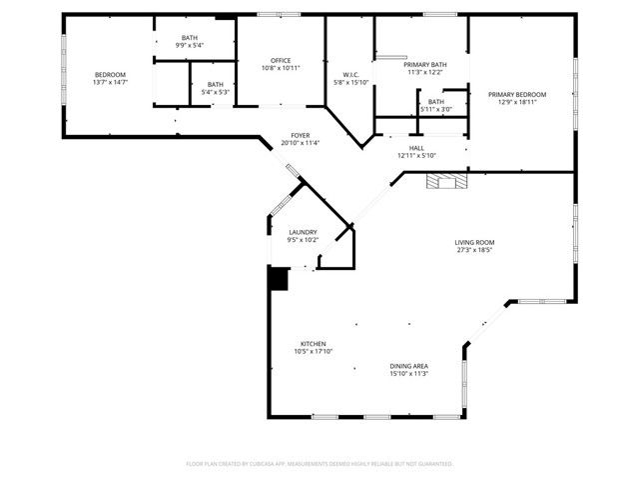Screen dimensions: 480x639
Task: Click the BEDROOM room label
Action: coord(110,75)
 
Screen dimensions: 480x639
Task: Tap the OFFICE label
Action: coord(281,60)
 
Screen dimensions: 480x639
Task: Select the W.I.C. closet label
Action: coord(350,74)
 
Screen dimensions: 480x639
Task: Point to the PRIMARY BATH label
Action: coord(425,64)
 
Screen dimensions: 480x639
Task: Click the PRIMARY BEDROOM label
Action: coord(517,94)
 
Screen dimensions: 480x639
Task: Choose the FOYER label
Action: coord(301,135)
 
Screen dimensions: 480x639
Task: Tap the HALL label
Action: coord(416,147)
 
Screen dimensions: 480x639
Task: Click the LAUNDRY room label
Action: coord(303,232)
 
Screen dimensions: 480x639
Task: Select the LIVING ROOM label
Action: coord(475,242)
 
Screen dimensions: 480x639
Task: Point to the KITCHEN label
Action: coord(313,343)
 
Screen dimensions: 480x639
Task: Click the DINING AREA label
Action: coord(408,366)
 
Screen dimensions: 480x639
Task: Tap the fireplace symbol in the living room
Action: coord(445,180)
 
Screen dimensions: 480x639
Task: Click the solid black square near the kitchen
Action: coord(278,277)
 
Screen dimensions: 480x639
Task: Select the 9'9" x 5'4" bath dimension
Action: coord(190,45)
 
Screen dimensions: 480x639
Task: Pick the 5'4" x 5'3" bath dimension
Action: coord(216,92)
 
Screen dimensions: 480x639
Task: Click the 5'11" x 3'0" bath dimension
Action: coord(436,109)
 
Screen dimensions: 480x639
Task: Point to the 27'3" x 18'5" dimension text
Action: coord(475,250)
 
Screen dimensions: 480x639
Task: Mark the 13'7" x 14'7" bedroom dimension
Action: coord(110,83)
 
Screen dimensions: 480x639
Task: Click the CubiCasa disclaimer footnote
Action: coord(319,464)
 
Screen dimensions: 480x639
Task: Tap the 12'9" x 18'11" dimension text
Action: coord(517,102)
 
